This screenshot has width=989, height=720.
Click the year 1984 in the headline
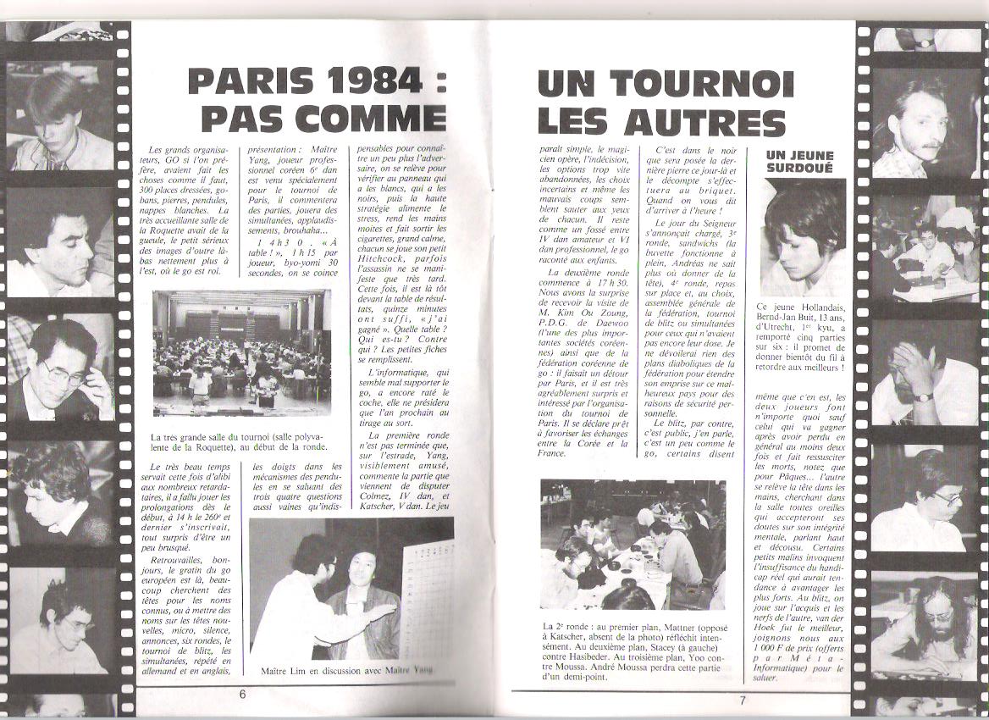tap(375, 83)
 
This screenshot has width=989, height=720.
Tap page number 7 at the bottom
tap(742, 700)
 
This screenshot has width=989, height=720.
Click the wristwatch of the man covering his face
tap(922, 396)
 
